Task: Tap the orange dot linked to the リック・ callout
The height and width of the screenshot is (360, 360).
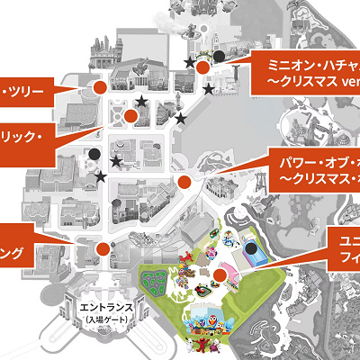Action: point(131,115)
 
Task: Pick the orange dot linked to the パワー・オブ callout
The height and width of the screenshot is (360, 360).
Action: point(185,182)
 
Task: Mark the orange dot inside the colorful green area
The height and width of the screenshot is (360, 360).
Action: point(220,276)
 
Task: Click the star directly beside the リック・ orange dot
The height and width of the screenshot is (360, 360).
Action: point(142,101)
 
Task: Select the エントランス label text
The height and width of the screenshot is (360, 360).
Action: point(107,307)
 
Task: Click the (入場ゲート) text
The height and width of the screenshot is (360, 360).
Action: point(107,319)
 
